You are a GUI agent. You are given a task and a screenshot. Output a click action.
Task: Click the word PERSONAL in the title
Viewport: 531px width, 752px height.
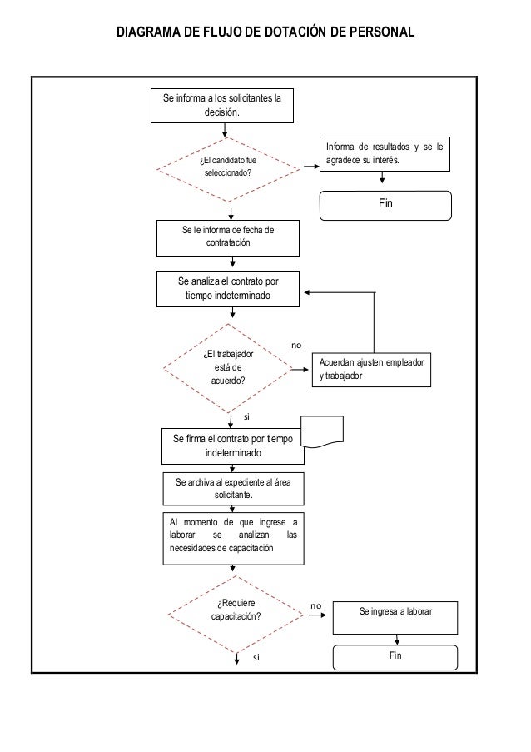click(382, 32)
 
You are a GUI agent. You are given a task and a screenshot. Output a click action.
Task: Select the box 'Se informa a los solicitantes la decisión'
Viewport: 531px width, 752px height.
click(222, 106)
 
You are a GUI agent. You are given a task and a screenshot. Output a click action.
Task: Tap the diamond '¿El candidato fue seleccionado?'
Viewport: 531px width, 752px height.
click(228, 169)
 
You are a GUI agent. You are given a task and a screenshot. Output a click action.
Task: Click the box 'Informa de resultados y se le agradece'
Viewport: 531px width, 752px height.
click(385, 154)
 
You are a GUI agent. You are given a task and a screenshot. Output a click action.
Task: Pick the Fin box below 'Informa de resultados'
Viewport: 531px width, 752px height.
click(385, 206)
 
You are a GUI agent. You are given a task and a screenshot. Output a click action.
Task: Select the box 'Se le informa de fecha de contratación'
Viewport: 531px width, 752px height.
click(228, 238)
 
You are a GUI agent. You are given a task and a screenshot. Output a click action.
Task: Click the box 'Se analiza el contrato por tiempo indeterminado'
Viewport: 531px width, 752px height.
click(228, 289)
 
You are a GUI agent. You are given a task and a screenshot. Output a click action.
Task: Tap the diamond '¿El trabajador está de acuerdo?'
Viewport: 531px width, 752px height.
click(228, 368)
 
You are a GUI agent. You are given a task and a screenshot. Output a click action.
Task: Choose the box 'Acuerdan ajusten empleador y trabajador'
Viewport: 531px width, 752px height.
click(371, 370)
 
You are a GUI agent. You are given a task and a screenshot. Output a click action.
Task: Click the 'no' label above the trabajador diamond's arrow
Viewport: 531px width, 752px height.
click(296, 346)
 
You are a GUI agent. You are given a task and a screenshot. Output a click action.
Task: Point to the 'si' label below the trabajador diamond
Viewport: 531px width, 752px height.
click(246, 416)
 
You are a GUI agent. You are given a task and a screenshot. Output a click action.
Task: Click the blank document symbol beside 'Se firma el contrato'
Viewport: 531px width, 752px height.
click(322, 431)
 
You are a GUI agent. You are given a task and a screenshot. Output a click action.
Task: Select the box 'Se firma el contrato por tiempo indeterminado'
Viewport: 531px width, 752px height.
click(233, 446)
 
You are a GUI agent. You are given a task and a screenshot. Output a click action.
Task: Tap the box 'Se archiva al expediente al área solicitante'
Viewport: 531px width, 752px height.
click(233, 489)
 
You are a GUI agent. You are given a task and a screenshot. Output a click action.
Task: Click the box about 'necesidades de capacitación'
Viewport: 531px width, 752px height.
click(233, 539)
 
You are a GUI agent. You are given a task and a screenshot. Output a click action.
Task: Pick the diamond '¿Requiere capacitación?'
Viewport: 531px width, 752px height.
click(236, 615)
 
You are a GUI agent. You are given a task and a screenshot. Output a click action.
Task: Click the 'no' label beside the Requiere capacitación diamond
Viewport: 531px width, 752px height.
click(315, 606)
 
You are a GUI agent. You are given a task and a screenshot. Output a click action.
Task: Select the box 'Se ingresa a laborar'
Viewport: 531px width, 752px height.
click(395, 618)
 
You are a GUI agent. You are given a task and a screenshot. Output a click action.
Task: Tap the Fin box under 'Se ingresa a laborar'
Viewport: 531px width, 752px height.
click(395, 657)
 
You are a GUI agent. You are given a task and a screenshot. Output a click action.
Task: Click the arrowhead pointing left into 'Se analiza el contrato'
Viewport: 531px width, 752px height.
click(307, 292)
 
